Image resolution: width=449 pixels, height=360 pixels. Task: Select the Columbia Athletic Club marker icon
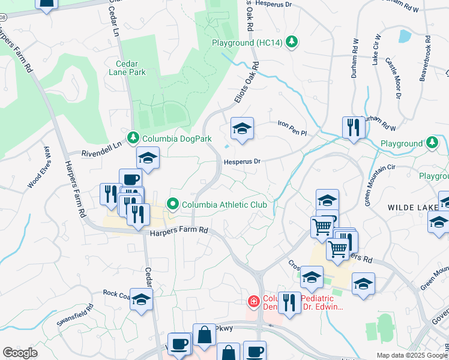point(173,205)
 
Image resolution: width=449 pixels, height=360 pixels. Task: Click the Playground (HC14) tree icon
point(291,41)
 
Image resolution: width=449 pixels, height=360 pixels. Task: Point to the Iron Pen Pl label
point(292,125)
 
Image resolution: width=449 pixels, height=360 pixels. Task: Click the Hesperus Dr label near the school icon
point(241,161)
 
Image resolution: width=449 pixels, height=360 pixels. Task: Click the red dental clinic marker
point(255,301)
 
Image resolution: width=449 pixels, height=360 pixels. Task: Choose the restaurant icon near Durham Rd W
point(354,127)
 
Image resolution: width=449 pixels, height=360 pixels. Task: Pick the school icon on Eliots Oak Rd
point(242,128)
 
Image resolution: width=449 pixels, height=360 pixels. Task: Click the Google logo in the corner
point(20,353)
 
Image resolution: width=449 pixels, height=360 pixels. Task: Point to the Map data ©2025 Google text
point(412,355)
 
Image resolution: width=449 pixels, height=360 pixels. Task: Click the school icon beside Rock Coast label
point(141,299)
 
